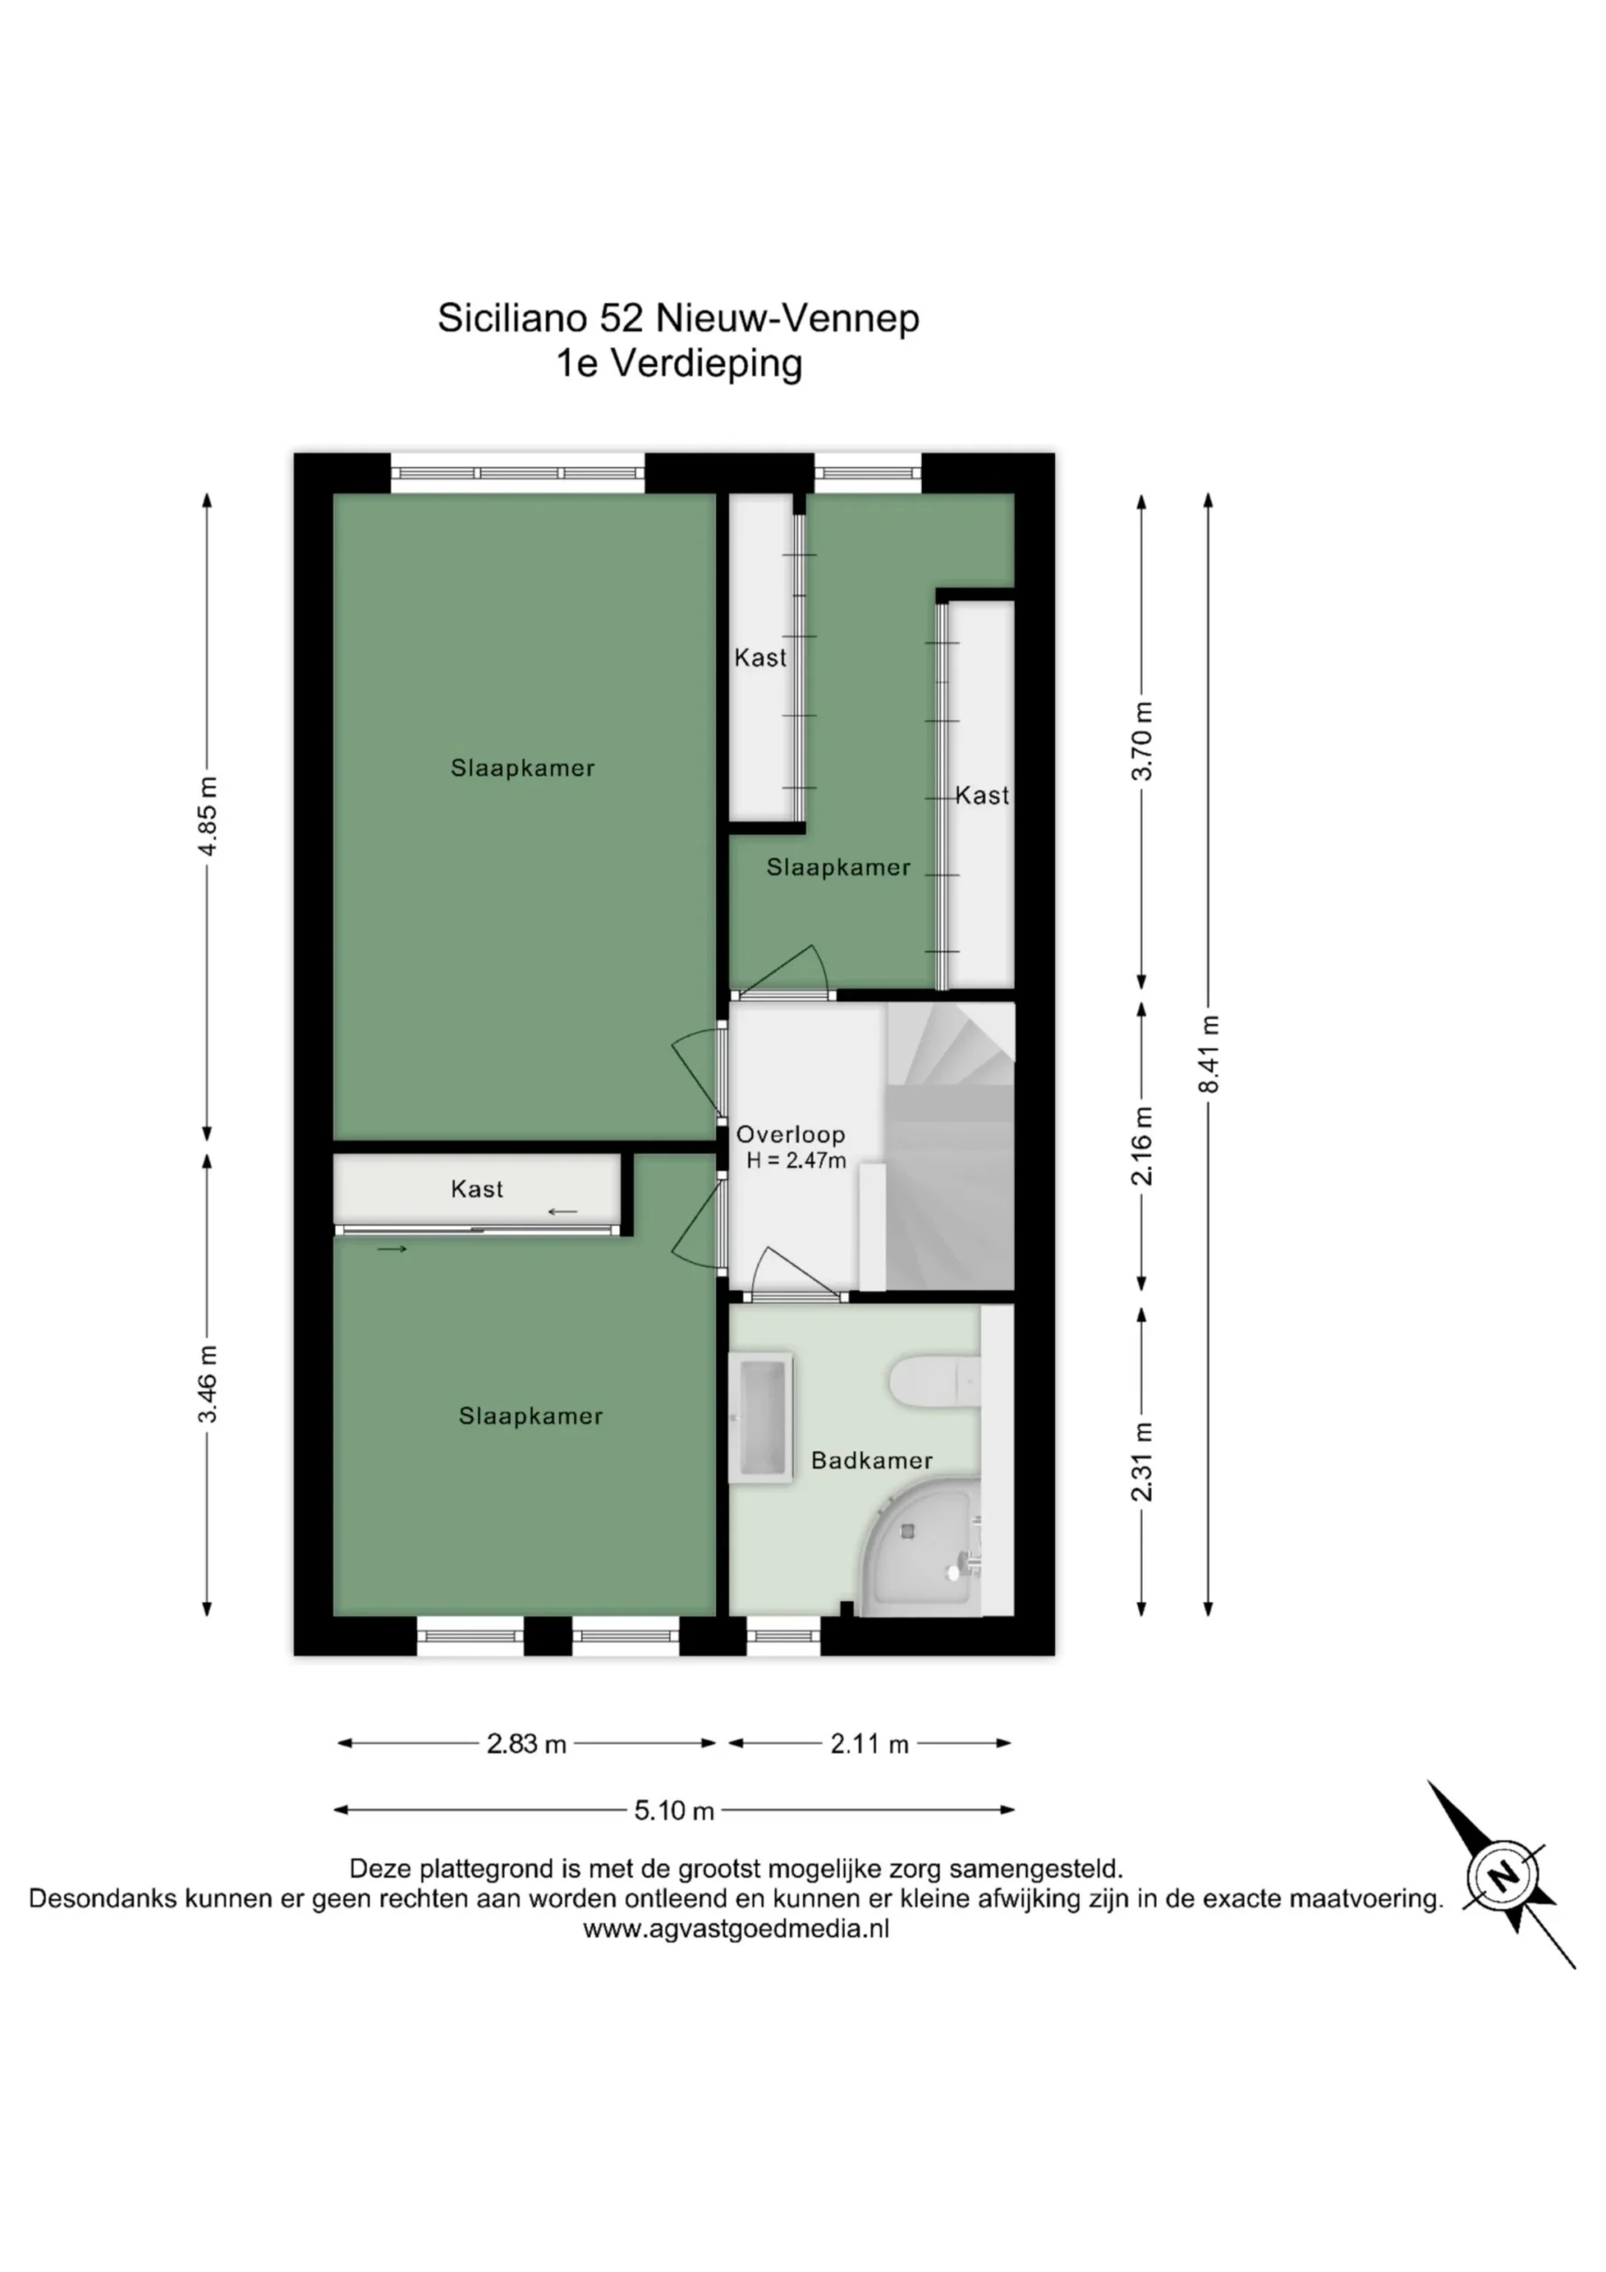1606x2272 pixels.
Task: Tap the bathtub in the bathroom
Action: point(760,1418)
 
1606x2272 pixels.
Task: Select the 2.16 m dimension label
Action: point(1143,1146)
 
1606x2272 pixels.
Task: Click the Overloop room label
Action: point(791,1135)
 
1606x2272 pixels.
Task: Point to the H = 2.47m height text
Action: point(797,1161)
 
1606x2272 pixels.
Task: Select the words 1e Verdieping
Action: point(679,363)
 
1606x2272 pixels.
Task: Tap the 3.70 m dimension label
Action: point(1143,741)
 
